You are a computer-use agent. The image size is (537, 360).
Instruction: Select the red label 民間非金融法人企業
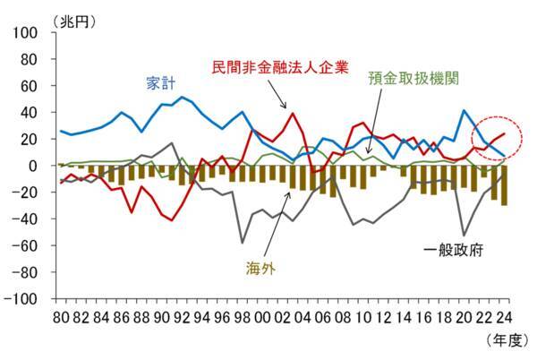coord(278,66)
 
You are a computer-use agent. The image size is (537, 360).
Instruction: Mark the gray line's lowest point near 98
coord(242,243)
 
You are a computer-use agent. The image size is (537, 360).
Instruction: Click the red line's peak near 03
coord(292,113)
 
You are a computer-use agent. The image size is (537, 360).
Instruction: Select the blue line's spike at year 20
coord(464,111)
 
